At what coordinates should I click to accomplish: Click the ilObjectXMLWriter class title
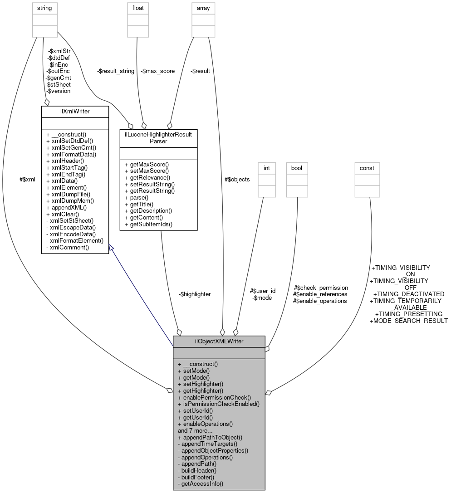pos(219,342)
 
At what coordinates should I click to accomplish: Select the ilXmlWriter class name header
pos(75,111)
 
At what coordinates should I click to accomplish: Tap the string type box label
pos(44,8)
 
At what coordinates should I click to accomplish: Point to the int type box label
pos(267,168)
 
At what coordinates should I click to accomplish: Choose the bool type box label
pos(296,168)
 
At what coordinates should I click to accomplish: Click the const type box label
pos(367,168)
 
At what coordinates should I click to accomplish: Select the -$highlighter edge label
pos(195,294)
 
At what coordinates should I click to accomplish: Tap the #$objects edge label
pos(237,179)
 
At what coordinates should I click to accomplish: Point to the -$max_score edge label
pos(157,71)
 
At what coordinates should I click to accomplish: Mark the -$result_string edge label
pos(115,71)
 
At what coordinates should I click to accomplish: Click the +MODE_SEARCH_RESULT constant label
pos(409,321)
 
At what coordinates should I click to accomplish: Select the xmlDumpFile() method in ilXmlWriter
pos(70,194)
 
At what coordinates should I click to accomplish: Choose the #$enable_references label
pos(320,294)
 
